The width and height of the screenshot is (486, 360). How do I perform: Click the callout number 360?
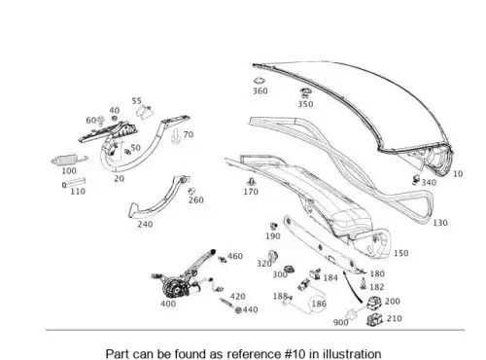260,90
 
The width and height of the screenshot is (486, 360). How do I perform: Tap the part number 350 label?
305,104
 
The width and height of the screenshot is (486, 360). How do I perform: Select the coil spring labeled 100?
69,161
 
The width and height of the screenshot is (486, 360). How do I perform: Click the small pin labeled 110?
74,183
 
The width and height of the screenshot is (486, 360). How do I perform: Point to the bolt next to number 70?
176,136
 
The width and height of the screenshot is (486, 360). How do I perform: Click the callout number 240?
145,224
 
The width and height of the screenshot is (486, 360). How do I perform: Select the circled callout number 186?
319,304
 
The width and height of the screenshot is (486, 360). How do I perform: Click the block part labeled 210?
374,320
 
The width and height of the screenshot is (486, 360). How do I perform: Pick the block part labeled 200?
375,303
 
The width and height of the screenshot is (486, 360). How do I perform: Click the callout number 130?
440,223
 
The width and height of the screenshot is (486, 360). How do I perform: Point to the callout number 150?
400,253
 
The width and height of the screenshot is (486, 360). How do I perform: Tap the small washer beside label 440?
238,310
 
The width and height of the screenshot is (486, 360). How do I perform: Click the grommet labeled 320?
273,256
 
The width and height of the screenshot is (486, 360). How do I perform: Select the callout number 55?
137,101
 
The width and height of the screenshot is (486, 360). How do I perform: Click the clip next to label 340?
416,180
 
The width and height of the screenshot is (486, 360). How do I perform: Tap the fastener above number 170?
251,182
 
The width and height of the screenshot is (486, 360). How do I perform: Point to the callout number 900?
340,322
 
